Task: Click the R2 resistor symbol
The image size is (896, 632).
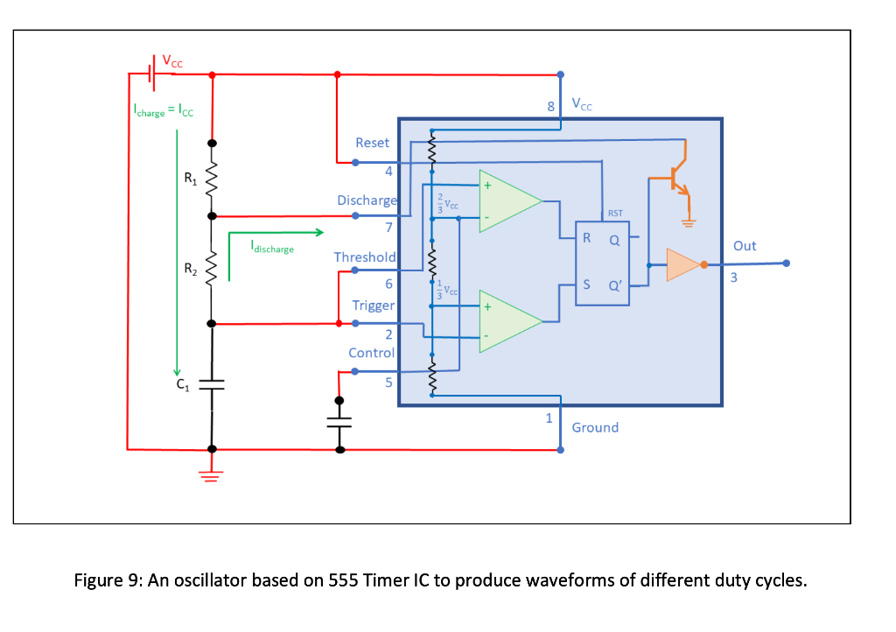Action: point(211,269)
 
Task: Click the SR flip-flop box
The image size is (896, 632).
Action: point(602,262)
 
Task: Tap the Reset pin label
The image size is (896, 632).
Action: point(372,142)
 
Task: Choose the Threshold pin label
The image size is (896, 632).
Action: point(365,257)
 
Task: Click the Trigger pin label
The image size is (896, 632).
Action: point(373,305)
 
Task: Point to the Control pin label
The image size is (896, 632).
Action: point(371,353)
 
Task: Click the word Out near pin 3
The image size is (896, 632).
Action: point(745,246)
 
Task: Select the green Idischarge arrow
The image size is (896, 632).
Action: point(276,233)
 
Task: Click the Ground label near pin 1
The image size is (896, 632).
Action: point(595,427)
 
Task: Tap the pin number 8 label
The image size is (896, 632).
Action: point(550,107)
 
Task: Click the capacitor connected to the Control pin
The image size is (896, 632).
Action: point(340,421)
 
